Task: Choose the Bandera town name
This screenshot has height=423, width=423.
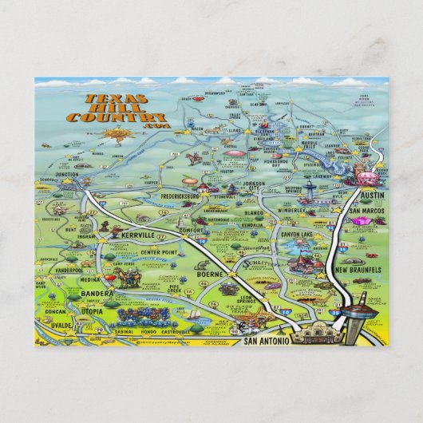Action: pos(97,295)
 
